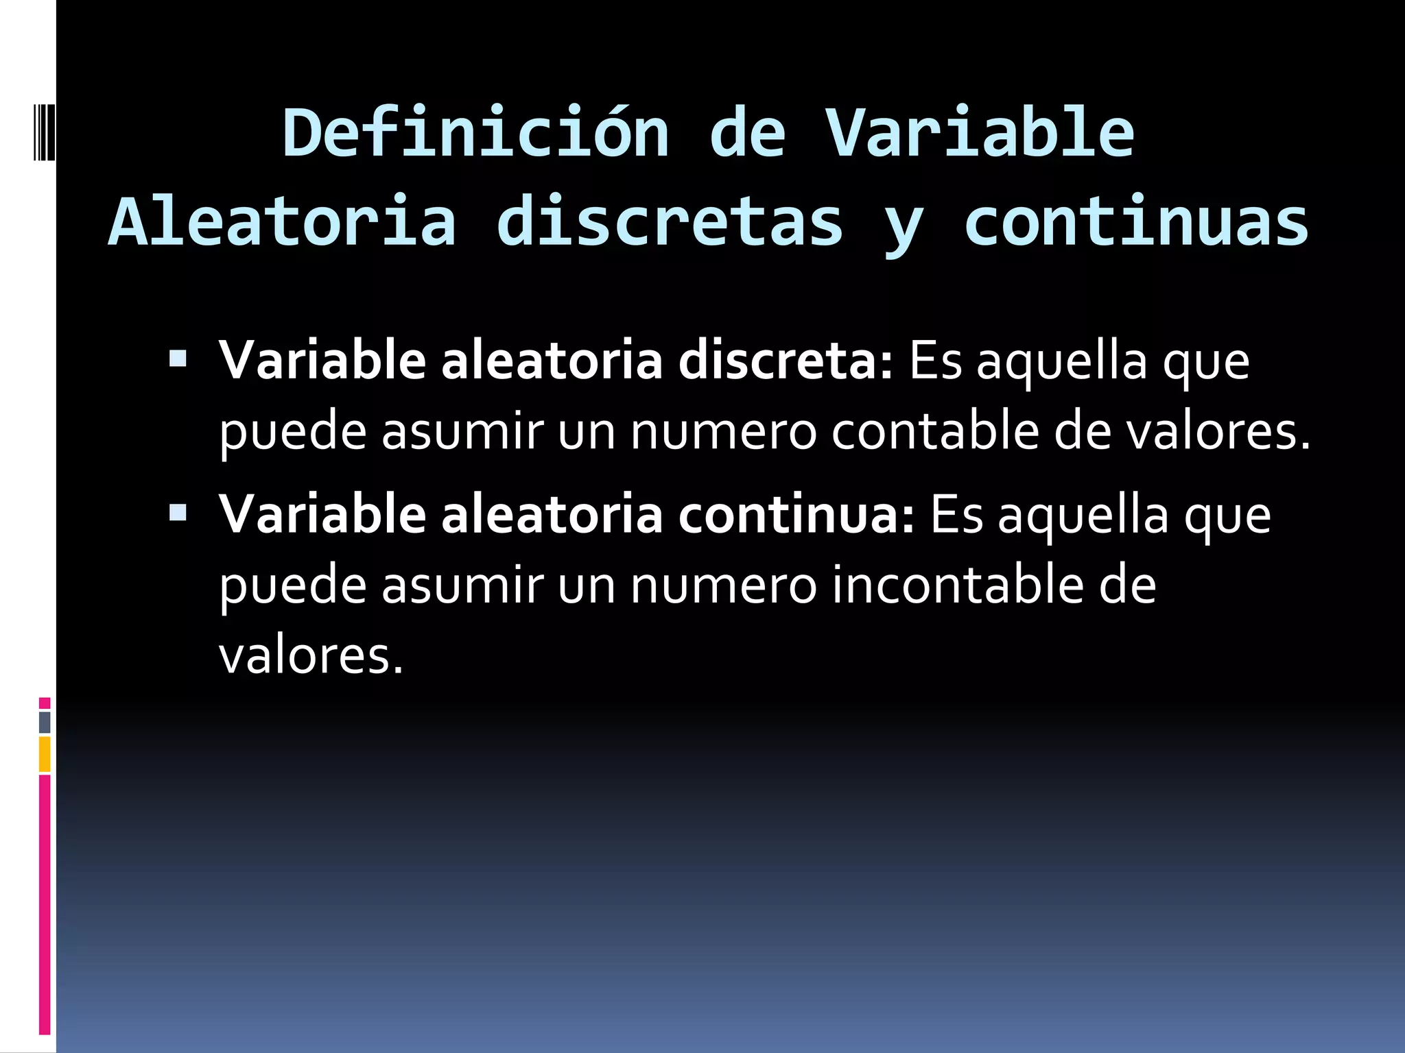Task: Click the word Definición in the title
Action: pos(475,134)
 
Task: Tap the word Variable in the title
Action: pos(980,134)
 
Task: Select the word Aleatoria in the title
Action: pos(283,221)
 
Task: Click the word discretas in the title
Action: pos(670,221)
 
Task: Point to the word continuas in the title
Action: pos(1137,221)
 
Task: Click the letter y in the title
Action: pos(904,226)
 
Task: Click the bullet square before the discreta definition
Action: pos(178,359)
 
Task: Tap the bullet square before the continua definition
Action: pos(178,512)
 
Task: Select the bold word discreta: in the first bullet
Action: pos(786,361)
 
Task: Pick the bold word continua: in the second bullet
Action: pos(796,515)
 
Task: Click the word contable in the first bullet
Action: pos(935,432)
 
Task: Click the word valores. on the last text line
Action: pos(311,656)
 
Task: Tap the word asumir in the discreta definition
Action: pos(462,432)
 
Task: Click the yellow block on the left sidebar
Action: pos(45,754)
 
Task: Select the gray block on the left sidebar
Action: pos(45,723)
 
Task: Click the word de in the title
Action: pos(747,134)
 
